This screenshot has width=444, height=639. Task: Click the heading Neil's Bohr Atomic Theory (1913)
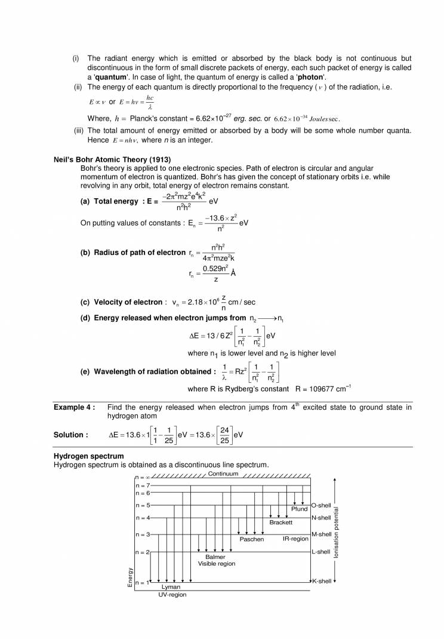[x=112, y=159]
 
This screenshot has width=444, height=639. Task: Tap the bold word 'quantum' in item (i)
[x=110, y=78]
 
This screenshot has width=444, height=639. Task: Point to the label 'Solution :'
[x=71, y=435]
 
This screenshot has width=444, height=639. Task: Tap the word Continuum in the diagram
[x=223, y=474]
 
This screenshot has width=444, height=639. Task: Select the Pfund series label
[x=300, y=509]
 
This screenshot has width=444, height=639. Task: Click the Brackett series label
[x=280, y=522]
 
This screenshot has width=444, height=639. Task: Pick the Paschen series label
[x=251, y=539]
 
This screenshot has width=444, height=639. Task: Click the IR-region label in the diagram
[x=295, y=539]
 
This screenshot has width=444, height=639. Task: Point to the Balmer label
[x=215, y=557]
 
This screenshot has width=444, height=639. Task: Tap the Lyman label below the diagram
[x=171, y=587]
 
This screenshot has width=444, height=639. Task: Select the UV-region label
[x=172, y=595]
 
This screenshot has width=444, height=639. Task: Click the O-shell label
[x=321, y=505]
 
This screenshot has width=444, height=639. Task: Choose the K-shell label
[x=321, y=581]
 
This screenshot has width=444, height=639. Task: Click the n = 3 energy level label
[x=143, y=534]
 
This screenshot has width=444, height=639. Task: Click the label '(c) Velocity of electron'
[x=122, y=303]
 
